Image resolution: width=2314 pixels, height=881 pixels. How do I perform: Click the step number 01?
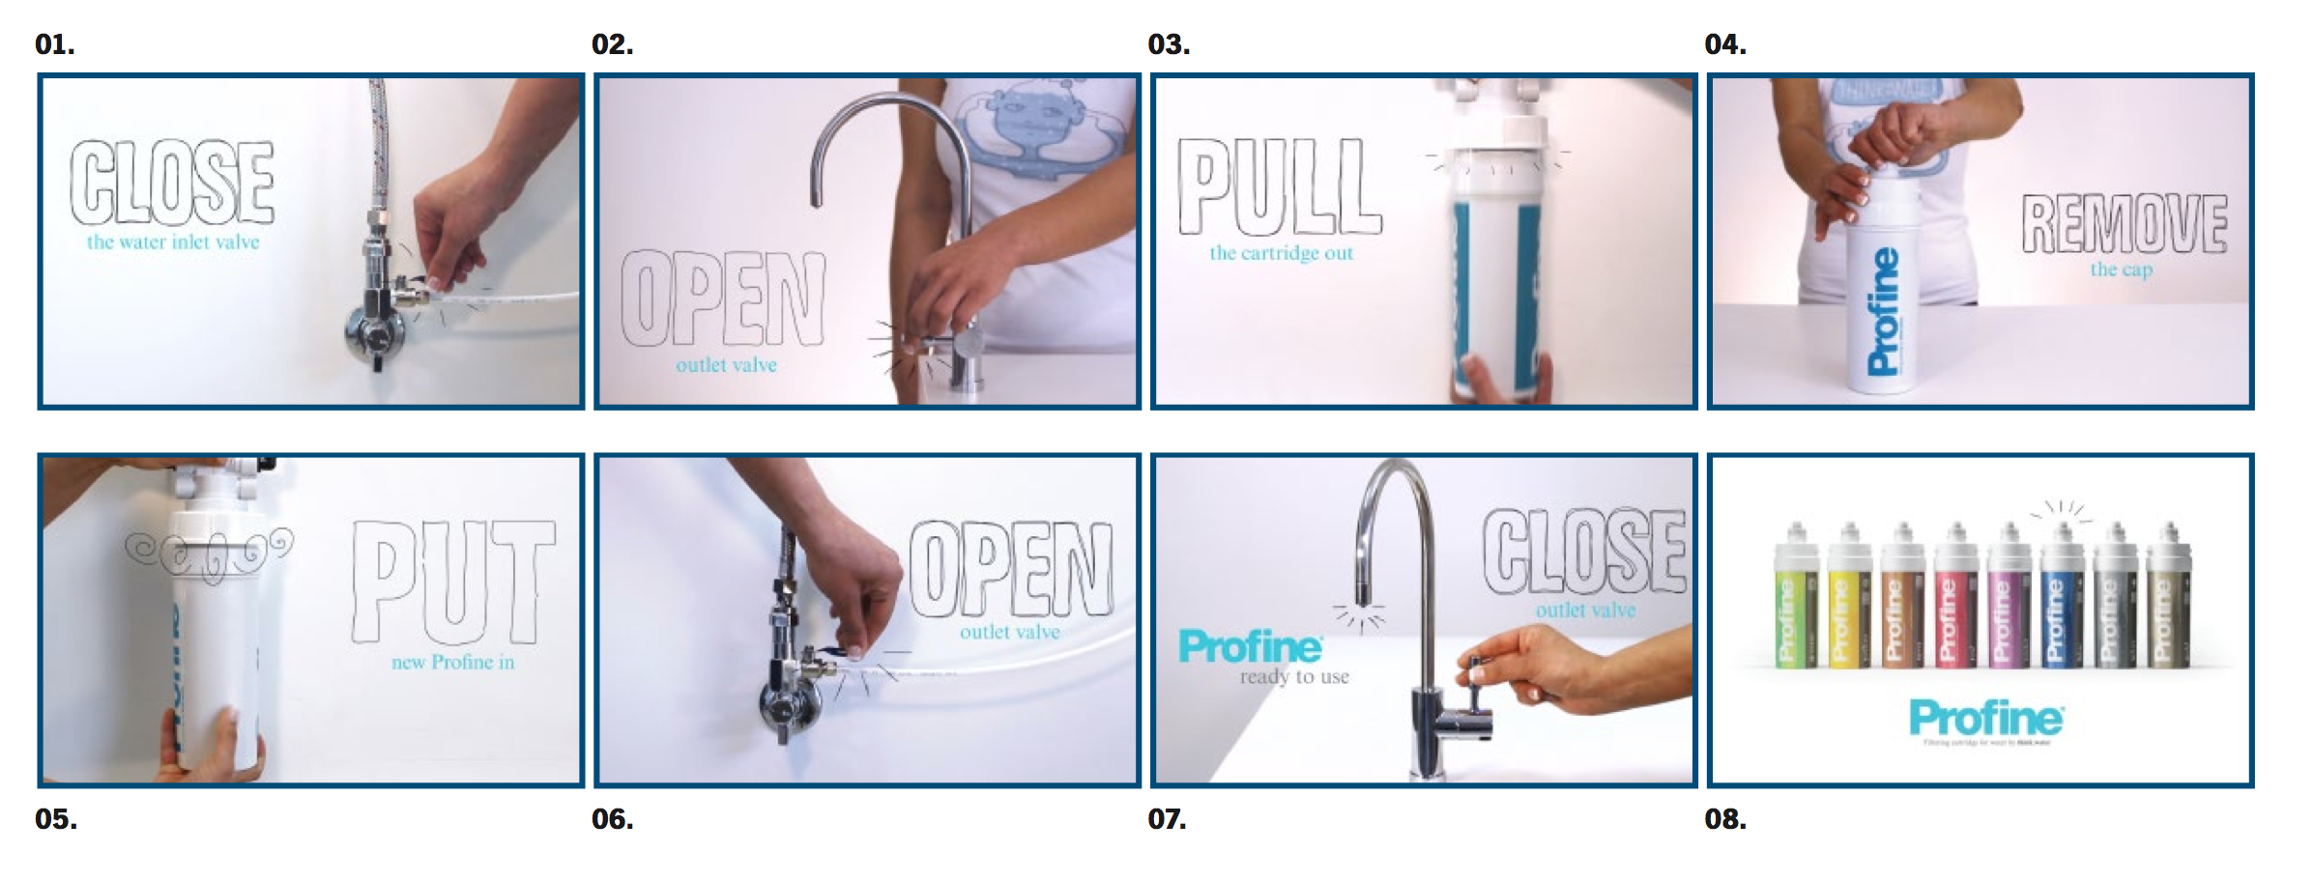54,45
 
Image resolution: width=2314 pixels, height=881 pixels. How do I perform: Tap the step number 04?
1724,45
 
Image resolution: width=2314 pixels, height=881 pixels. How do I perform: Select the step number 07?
1167,820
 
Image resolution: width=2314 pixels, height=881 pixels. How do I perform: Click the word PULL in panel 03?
1278,187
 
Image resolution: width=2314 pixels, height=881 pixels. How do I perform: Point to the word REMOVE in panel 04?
2124,224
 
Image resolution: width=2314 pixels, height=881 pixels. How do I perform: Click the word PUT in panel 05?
452,583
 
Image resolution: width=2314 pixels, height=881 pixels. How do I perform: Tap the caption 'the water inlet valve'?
173,242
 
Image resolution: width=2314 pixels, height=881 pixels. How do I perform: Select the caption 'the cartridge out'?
1281,254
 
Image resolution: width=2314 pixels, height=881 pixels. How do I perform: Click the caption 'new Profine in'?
452,663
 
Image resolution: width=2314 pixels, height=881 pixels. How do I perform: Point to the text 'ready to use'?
1294,677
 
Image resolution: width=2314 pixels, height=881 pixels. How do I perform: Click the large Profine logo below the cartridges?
1985,719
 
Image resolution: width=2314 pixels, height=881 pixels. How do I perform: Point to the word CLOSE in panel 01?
172,182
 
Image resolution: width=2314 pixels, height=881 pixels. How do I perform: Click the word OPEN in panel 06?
1010,571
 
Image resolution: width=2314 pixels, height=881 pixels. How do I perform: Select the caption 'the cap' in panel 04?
2121,270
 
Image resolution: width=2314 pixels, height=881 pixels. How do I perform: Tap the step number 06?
612,820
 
